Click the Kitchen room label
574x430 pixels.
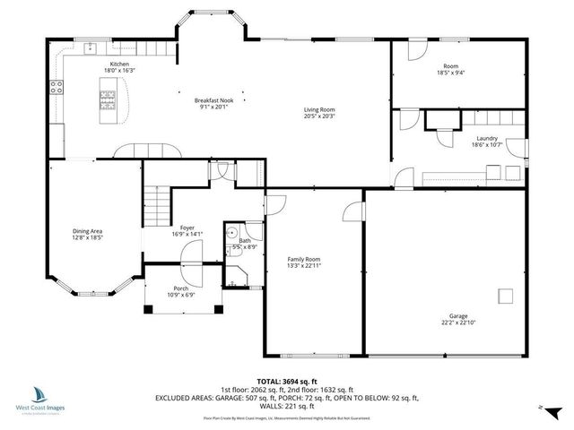tap(119, 64)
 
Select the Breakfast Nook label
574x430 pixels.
tap(213, 100)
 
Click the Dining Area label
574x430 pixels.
tap(88, 232)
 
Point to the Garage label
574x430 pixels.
tap(458, 315)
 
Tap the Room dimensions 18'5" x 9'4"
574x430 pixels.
tap(451, 74)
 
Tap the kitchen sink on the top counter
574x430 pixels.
tap(91, 49)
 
